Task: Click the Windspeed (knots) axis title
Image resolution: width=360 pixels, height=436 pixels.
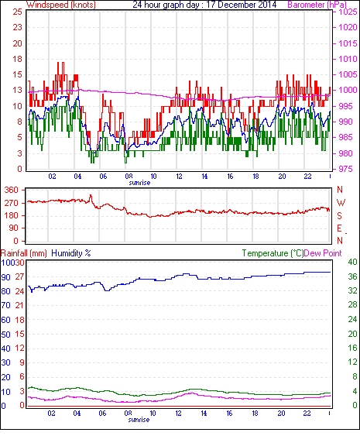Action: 61,5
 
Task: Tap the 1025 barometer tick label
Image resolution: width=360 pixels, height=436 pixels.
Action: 348,12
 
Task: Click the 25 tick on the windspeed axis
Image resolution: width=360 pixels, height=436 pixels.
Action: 17,12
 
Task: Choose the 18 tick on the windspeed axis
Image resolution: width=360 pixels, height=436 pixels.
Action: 17,59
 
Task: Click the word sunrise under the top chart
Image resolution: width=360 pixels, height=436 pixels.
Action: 139,183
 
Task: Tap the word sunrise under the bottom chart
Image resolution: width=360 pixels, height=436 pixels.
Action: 139,420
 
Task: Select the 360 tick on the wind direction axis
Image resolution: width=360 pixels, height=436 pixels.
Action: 11,191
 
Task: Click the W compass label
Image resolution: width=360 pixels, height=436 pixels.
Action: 341,203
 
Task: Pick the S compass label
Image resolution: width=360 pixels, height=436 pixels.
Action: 339,216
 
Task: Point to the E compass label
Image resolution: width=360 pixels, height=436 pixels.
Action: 339,228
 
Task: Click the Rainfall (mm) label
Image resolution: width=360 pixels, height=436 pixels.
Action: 24,253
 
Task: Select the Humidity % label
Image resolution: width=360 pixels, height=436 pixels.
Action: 71,253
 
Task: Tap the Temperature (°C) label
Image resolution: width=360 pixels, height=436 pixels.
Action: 273,253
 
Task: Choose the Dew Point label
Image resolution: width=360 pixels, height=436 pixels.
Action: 323,253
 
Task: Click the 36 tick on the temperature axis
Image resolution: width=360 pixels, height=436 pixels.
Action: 352,276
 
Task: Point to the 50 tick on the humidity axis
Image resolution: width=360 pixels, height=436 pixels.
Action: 6,335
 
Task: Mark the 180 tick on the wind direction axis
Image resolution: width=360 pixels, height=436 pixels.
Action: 11,216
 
